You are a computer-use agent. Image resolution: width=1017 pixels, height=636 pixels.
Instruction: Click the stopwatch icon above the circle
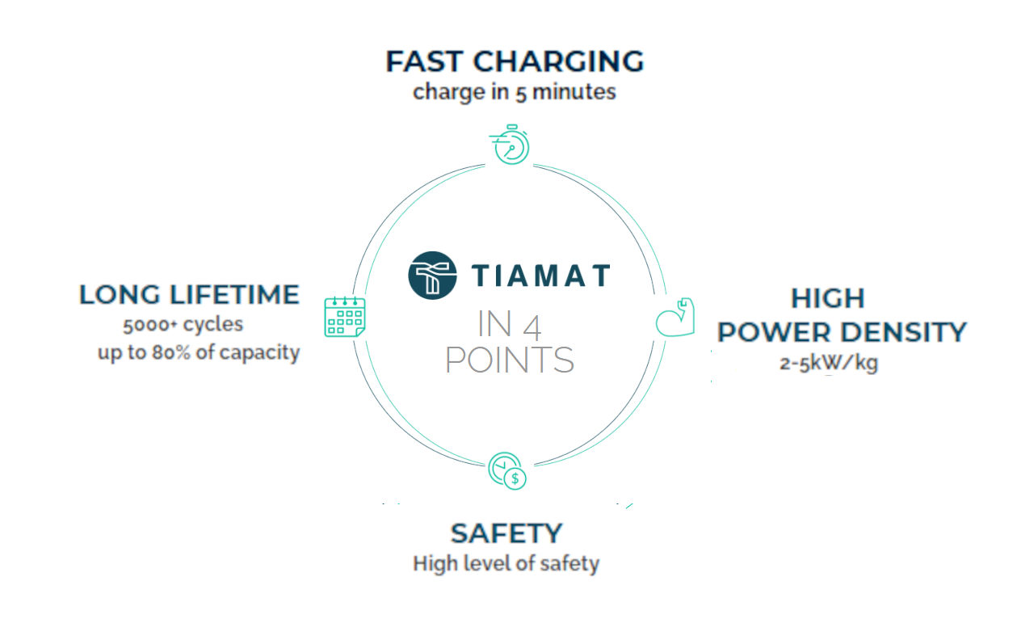[x=510, y=145]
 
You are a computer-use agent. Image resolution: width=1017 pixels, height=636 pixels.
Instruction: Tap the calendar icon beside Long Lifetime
[x=345, y=317]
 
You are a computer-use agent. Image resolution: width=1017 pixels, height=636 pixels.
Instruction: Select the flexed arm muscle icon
[x=675, y=317]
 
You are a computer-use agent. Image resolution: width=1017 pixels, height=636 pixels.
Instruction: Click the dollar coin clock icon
[x=507, y=470]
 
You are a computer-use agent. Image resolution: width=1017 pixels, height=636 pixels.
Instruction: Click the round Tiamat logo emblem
[x=432, y=276]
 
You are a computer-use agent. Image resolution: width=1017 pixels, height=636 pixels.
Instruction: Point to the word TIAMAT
[x=540, y=276]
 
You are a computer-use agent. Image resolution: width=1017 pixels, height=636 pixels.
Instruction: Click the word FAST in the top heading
[x=424, y=61]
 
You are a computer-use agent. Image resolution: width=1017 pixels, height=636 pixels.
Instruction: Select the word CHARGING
[x=558, y=61]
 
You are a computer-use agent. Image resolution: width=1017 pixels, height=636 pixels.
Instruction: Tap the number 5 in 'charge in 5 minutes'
[x=520, y=94]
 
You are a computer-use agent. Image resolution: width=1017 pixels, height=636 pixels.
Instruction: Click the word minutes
[x=574, y=92]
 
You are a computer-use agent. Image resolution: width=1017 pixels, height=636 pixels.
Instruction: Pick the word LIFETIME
[x=235, y=294]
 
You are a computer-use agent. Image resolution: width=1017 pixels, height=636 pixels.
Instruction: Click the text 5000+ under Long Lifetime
[x=149, y=325]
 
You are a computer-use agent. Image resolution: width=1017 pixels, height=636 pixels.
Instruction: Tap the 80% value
[x=171, y=352]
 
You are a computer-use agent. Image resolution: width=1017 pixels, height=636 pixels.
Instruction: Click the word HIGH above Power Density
[x=828, y=298]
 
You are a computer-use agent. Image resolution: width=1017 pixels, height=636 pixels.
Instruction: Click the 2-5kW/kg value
[x=829, y=364]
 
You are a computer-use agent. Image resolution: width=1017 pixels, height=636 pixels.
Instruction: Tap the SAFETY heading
[x=506, y=533]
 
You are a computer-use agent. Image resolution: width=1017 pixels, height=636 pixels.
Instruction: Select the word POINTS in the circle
[x=510, y=360]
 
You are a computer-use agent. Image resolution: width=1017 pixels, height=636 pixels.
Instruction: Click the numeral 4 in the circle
[x=532, y=327]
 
